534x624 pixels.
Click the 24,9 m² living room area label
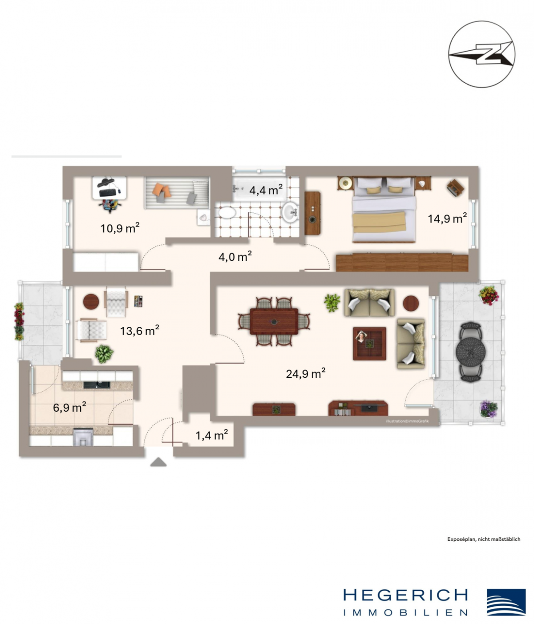click(305, 374)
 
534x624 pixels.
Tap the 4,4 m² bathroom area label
click(266, 190)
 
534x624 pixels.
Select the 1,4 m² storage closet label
click(212, 435)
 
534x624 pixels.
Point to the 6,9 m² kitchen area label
click(69, 407)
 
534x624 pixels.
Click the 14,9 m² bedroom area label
click(447, 218)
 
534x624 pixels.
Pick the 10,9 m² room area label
click(120, 228)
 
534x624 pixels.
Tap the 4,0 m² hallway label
click(235, 257)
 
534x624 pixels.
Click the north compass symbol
click(481, 54)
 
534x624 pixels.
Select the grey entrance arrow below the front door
click(158, 462)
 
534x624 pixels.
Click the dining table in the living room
click(274, 321)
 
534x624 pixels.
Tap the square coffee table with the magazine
click(369, 344)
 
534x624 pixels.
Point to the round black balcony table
click(471, 353)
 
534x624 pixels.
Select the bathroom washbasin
click(291, 212)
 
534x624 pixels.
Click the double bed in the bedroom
click(384, 210)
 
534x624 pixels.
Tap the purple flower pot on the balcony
click(489, 409)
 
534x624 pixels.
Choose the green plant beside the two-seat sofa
click(332, 303)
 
